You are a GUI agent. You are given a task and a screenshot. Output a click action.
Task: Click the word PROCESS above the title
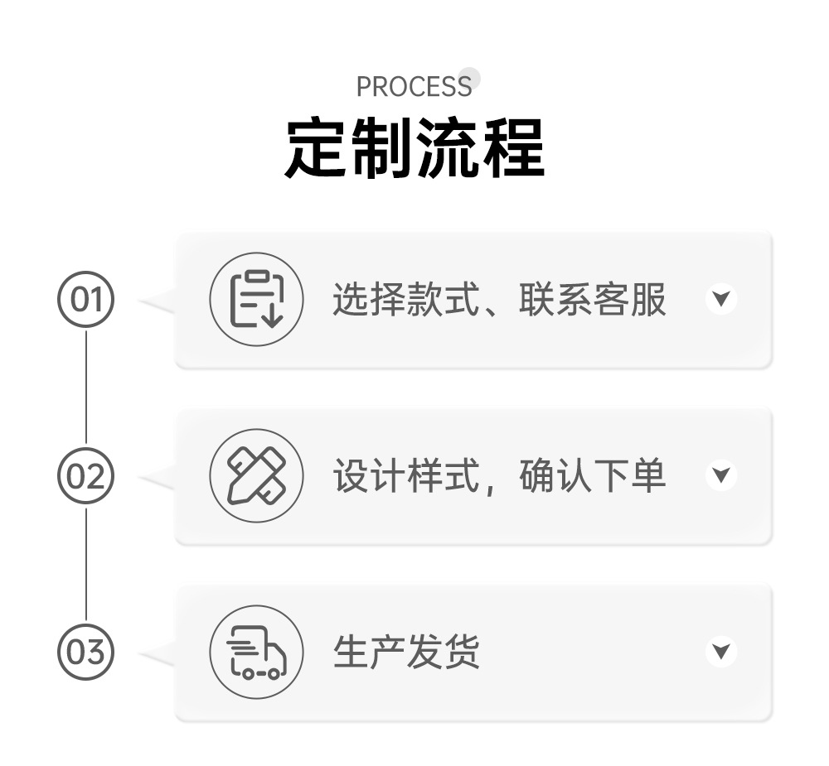tap(414, 86)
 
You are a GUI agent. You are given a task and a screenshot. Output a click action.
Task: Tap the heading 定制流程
tap(414, 148)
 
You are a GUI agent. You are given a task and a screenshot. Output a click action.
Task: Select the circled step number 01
tap(85, 299)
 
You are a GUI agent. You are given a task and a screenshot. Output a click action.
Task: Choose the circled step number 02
tap(85, 476)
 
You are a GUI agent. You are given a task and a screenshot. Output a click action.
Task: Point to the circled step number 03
tap(85, 653)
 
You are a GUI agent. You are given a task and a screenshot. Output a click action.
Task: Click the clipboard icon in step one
tap(255, 299)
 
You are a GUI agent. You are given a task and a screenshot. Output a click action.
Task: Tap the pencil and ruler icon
tap(255, 475)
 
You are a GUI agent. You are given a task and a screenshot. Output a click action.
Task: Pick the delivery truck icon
tap(255, 653)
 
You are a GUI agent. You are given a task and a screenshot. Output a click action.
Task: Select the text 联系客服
tap(593, 300)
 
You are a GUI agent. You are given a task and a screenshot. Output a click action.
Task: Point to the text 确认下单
tap(593, 476)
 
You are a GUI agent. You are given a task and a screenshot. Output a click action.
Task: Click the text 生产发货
tap(406, 653)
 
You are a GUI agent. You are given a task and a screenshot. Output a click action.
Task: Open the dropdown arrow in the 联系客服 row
tap(721, 298)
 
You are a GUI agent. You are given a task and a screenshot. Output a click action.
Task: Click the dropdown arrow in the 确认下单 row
tap(721, 475)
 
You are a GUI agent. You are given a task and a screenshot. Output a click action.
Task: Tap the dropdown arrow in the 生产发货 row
tap(721, 652)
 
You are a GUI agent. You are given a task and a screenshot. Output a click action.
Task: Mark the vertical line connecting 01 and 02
tap(85, 387)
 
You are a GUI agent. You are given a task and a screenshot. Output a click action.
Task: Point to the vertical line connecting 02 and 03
tap(85, 565)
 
